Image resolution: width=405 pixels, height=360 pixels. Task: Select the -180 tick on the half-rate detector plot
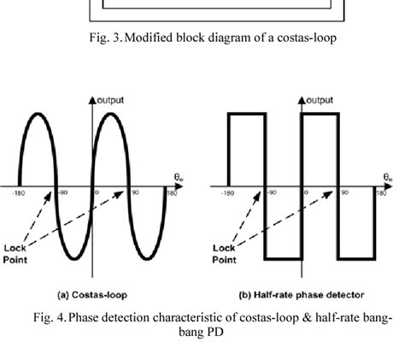[228, 192]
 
